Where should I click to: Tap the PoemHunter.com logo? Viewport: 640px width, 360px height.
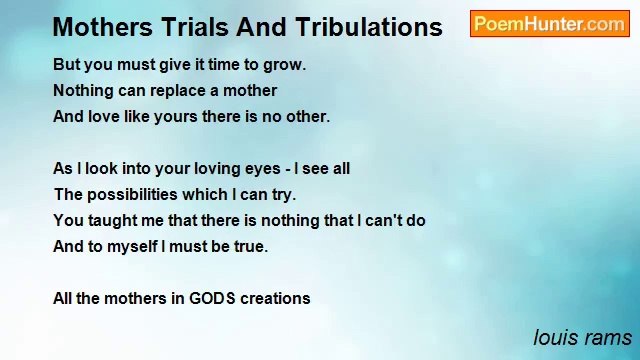click(549, 24)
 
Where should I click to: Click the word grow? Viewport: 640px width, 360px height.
click(284, 65)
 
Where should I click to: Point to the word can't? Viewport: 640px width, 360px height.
click(385, 221)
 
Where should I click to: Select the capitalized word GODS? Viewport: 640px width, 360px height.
click(211, 298)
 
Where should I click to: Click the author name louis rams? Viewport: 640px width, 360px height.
click(582, 338)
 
